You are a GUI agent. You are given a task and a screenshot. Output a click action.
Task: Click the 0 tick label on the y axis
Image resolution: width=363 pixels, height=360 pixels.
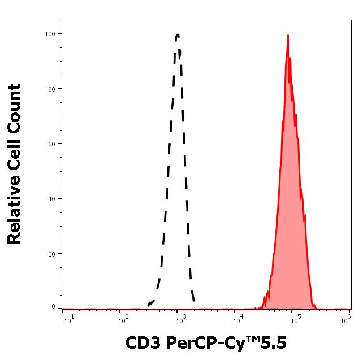[x=54, y=307]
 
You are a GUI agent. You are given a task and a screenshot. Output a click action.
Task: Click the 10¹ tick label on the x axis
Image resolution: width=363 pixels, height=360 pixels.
[x=68, y=321]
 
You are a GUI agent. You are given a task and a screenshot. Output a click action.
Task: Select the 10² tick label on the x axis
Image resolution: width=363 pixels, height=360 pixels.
[x=122, y=321]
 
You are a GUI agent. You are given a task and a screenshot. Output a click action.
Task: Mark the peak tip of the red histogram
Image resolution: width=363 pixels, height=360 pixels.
[x=288, y=35]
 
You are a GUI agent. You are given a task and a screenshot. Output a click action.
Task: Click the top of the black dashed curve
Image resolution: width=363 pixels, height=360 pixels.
[x=178, y=34]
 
